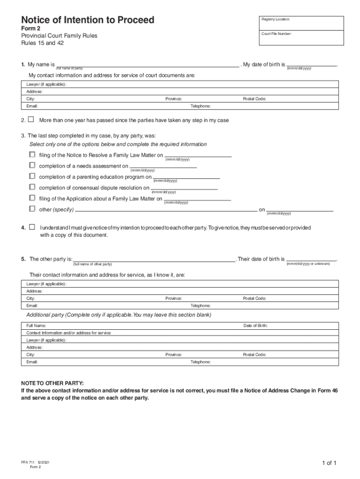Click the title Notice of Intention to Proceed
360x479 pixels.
[x=87, y=20]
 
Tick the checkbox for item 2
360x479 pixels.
[x=31, y=120]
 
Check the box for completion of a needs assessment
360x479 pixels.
[x=32, y=165]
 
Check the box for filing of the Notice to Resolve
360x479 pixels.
[x=32, y=154]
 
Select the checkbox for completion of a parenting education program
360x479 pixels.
[x=32, y=176]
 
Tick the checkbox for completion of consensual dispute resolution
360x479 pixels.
[x=32, y=187]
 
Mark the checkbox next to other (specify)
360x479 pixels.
[x=32, y=209]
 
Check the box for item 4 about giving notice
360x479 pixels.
[x=32, y=227]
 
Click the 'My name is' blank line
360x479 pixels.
[x=147, y=66]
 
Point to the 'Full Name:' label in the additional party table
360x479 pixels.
[x=36, y=326]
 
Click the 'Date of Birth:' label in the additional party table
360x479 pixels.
[x=255, y=326]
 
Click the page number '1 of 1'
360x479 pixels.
[x=329, y=463]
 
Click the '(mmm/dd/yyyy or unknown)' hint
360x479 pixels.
[x=308, y=264]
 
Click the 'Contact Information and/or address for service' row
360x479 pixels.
[x=69, y=333]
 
